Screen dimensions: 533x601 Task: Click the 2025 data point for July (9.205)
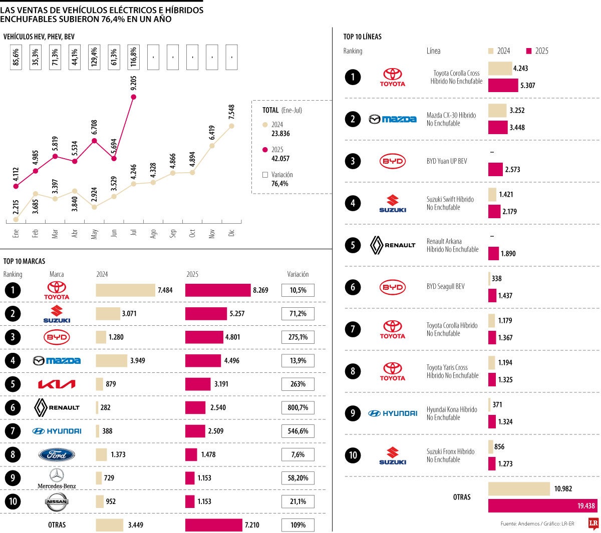coord(133,97)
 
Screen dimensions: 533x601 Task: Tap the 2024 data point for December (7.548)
coord(231,126)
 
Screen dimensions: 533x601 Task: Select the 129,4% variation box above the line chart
coord(94,57)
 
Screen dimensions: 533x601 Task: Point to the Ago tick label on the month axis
coord(153,233)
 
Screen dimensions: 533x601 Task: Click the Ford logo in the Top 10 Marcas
coord(57,454)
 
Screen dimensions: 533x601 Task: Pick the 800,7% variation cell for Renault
coord(297,407)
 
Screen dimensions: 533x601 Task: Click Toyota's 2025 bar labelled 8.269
coord(218,290)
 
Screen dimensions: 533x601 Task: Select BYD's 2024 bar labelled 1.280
coord(101,337)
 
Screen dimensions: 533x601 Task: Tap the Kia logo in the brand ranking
coord(57,384)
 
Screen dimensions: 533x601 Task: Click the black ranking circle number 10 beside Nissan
coord(13,501)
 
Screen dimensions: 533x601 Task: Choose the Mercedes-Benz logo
coord(57,478)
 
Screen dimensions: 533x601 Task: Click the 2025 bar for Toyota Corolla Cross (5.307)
coord(503,86)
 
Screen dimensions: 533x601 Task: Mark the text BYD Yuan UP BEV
coord(447,161)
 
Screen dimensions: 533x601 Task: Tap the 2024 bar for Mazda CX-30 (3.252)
coord(497,111)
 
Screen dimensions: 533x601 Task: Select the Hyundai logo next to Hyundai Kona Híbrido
coord(393,413)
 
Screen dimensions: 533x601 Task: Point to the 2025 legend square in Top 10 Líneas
coord(529,51)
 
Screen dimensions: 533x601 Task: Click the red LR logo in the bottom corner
coord(593,524)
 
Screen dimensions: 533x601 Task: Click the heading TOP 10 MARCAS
coord(24,261)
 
